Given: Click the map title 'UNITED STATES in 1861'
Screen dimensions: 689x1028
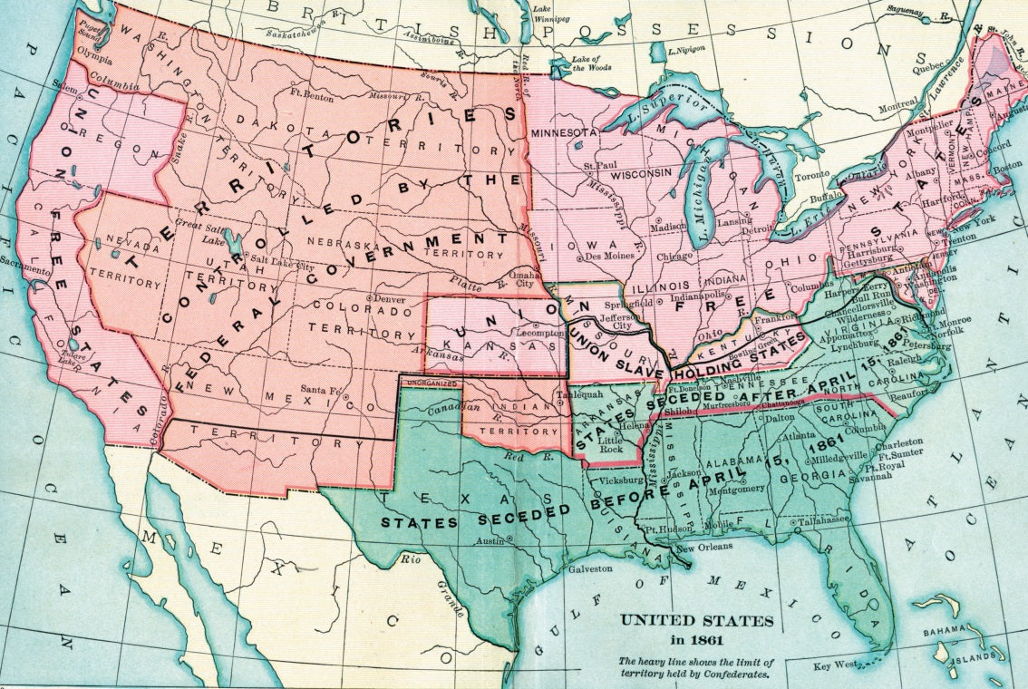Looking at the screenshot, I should [x=697, y=630].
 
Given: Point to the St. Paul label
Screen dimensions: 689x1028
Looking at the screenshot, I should [x=599, y=166].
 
